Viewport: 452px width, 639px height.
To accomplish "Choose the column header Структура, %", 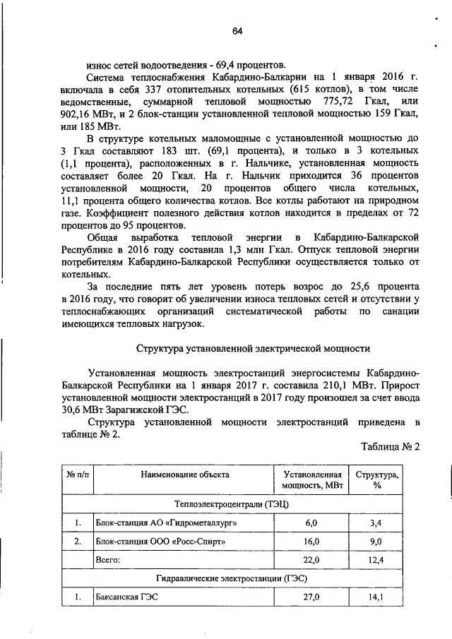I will pyautogui.click(x=376, y=480).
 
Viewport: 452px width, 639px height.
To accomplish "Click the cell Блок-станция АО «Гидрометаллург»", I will pyautogui.click(x=165, y=522).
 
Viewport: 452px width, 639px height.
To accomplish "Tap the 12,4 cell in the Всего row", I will pyautogui.click(x=376, y=560).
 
